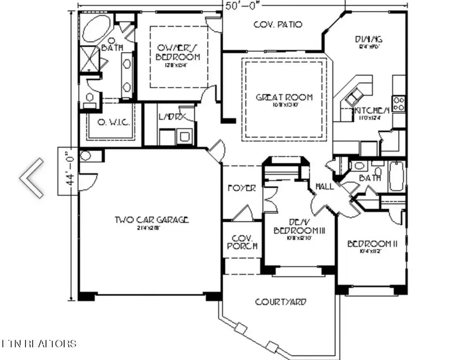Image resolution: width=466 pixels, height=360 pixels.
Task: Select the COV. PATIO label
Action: coord(278,24)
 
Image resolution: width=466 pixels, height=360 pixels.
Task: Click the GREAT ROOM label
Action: coord(285,97)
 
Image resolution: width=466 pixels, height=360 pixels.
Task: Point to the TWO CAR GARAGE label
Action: coord(151,220)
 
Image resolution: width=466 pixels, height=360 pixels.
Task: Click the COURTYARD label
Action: coord(280,302)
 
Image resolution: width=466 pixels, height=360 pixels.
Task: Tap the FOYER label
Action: coord(242,188)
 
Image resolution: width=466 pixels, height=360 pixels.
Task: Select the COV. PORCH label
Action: coord(242,242)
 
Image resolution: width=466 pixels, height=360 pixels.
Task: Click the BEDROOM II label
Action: coord(372,244)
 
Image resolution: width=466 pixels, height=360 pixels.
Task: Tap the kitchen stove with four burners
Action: coord(399,103)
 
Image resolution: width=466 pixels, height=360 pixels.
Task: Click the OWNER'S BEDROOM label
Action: coord(178,52)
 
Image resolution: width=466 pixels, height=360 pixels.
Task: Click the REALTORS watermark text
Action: coord(39,343)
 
